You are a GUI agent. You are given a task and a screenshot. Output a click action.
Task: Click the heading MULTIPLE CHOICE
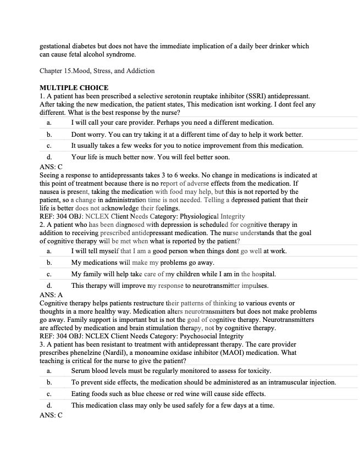pos(74,88)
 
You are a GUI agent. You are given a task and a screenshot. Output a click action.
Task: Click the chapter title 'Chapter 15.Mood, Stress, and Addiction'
pos(97,71)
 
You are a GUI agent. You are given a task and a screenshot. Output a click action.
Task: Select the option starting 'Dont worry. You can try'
pos(187,134)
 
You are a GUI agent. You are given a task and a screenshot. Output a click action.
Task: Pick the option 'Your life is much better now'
pos(150,157)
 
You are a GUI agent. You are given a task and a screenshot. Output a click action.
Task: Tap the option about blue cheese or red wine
pos(168,394)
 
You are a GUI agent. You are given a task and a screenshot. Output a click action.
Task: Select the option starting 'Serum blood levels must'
pos(171,371)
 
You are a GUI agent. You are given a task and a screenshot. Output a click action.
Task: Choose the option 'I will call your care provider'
pos(172,122)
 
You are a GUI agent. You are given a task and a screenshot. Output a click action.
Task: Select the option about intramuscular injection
pos(203,382)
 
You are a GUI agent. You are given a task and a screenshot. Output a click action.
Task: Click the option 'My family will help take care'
pos(173,274)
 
